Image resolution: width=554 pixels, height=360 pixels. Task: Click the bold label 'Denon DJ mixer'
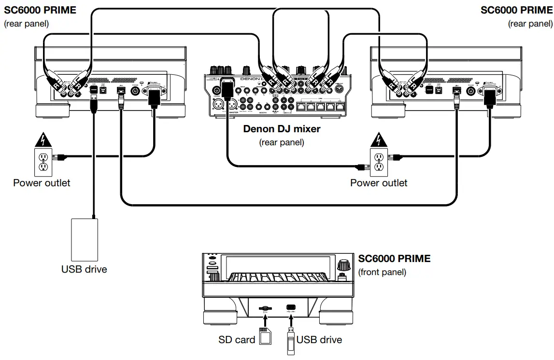pyautogui.click(x=282, y=129)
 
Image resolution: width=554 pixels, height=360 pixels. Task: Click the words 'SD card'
pyautogui.click(x=237, y=340)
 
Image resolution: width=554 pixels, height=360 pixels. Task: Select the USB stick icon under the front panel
pyautogui.click(x=290, y=341)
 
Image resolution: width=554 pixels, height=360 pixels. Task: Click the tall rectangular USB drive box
pyautogui.click(x=85, y=240)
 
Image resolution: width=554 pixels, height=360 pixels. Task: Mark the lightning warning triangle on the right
pyautogui.click(x=378, y=141)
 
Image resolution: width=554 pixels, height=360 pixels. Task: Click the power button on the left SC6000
pyautogui.click(x=136, y=90)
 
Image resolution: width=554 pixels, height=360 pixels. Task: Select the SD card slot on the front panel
pyautogui.click(x=265, y=307)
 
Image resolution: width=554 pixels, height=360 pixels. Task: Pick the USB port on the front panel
pyautogui.click(x=291, y=307)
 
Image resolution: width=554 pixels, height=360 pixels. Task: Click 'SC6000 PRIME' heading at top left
pyautogui.click(x=41, y=10)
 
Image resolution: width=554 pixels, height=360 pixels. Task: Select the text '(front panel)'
pyautogui.click(x=382, y=273)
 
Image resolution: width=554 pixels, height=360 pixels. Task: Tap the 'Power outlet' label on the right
pyautogui.click(x=379, y=183)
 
